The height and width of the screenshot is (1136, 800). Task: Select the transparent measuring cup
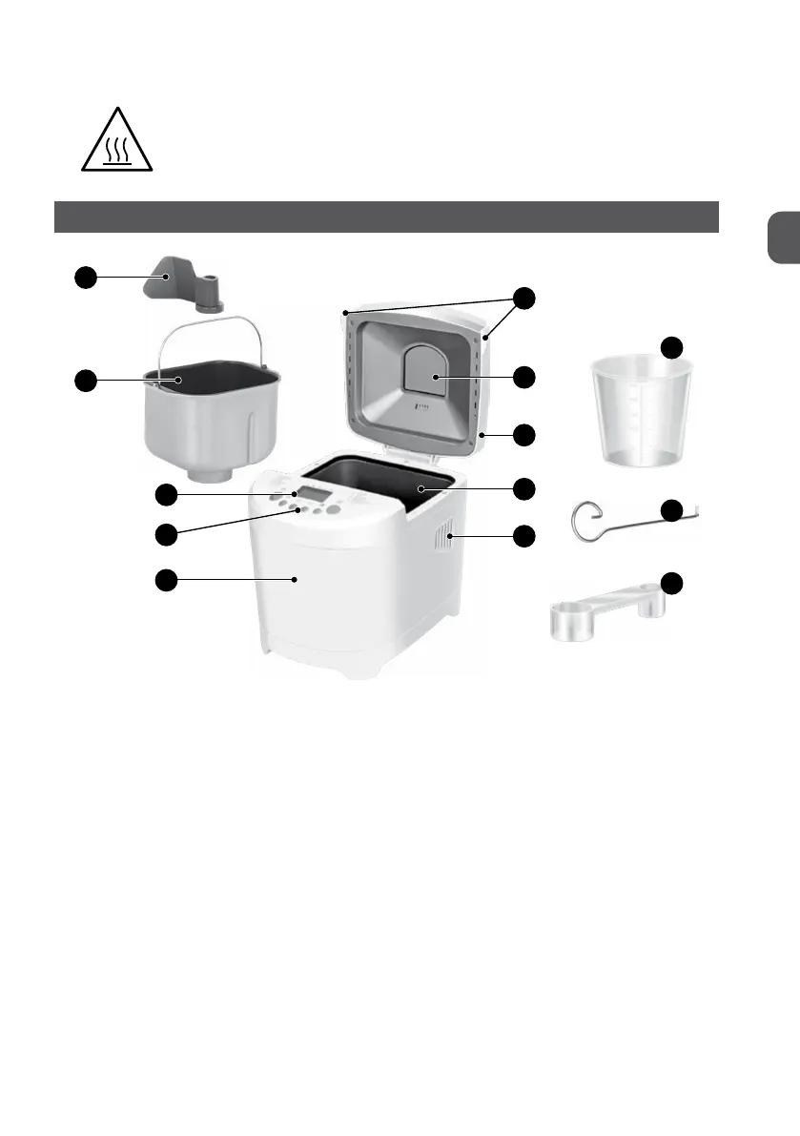(632, 411)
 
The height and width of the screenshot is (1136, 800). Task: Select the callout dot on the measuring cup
(673, 347)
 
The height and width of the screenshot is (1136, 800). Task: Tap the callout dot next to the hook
(673, 510)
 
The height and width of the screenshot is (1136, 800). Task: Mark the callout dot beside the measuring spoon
(673, 583)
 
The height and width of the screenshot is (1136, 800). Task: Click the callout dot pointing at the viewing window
(523, 378)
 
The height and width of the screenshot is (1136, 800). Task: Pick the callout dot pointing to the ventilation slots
(523, 536)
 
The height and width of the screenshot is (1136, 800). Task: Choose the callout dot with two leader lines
(523, 298)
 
